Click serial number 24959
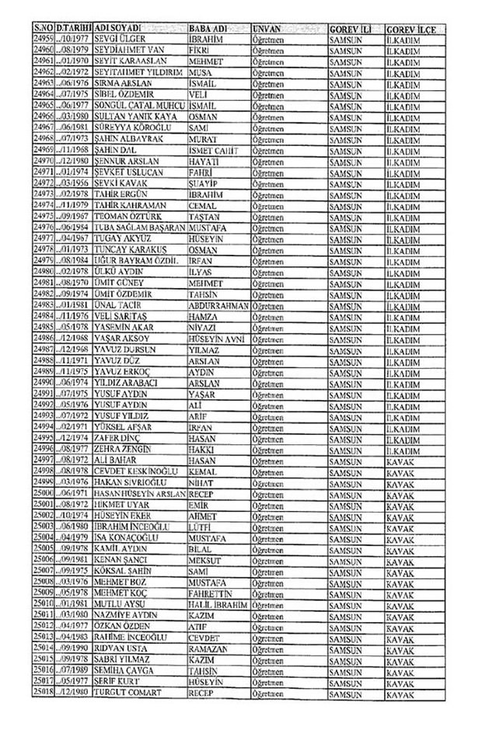coord(44,37)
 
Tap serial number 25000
coord(44,493)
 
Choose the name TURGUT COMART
coord(129,692)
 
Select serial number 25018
coord(44,692)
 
